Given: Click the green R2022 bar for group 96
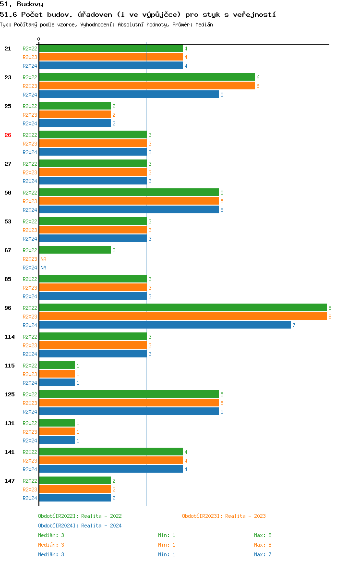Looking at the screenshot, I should [182, 308].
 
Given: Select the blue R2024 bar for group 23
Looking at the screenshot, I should [129, 95].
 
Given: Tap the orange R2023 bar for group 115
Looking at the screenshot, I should [57, 374].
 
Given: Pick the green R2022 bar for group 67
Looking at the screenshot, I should [75, 250].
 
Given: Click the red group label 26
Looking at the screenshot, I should [8, 135].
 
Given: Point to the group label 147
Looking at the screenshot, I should [10, 481].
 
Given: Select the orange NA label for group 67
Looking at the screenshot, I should [43, 259].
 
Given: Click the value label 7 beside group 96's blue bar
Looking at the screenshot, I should [294, 325].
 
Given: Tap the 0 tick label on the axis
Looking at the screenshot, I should [39, 39].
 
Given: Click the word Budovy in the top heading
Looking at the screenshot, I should [30, 4].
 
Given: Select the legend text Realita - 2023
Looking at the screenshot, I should [245, 516].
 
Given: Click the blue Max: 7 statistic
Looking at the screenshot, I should [263, 554].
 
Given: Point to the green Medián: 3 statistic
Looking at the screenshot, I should [51, 535].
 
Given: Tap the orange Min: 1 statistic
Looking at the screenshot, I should [167, 545].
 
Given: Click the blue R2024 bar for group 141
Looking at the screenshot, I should [110, 469].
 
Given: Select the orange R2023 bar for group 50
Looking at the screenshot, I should [129, 201].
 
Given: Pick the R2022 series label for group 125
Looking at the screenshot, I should [30, 394].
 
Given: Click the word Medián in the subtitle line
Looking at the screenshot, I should [204, 24].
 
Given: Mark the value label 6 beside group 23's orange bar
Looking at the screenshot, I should [258, 86].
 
